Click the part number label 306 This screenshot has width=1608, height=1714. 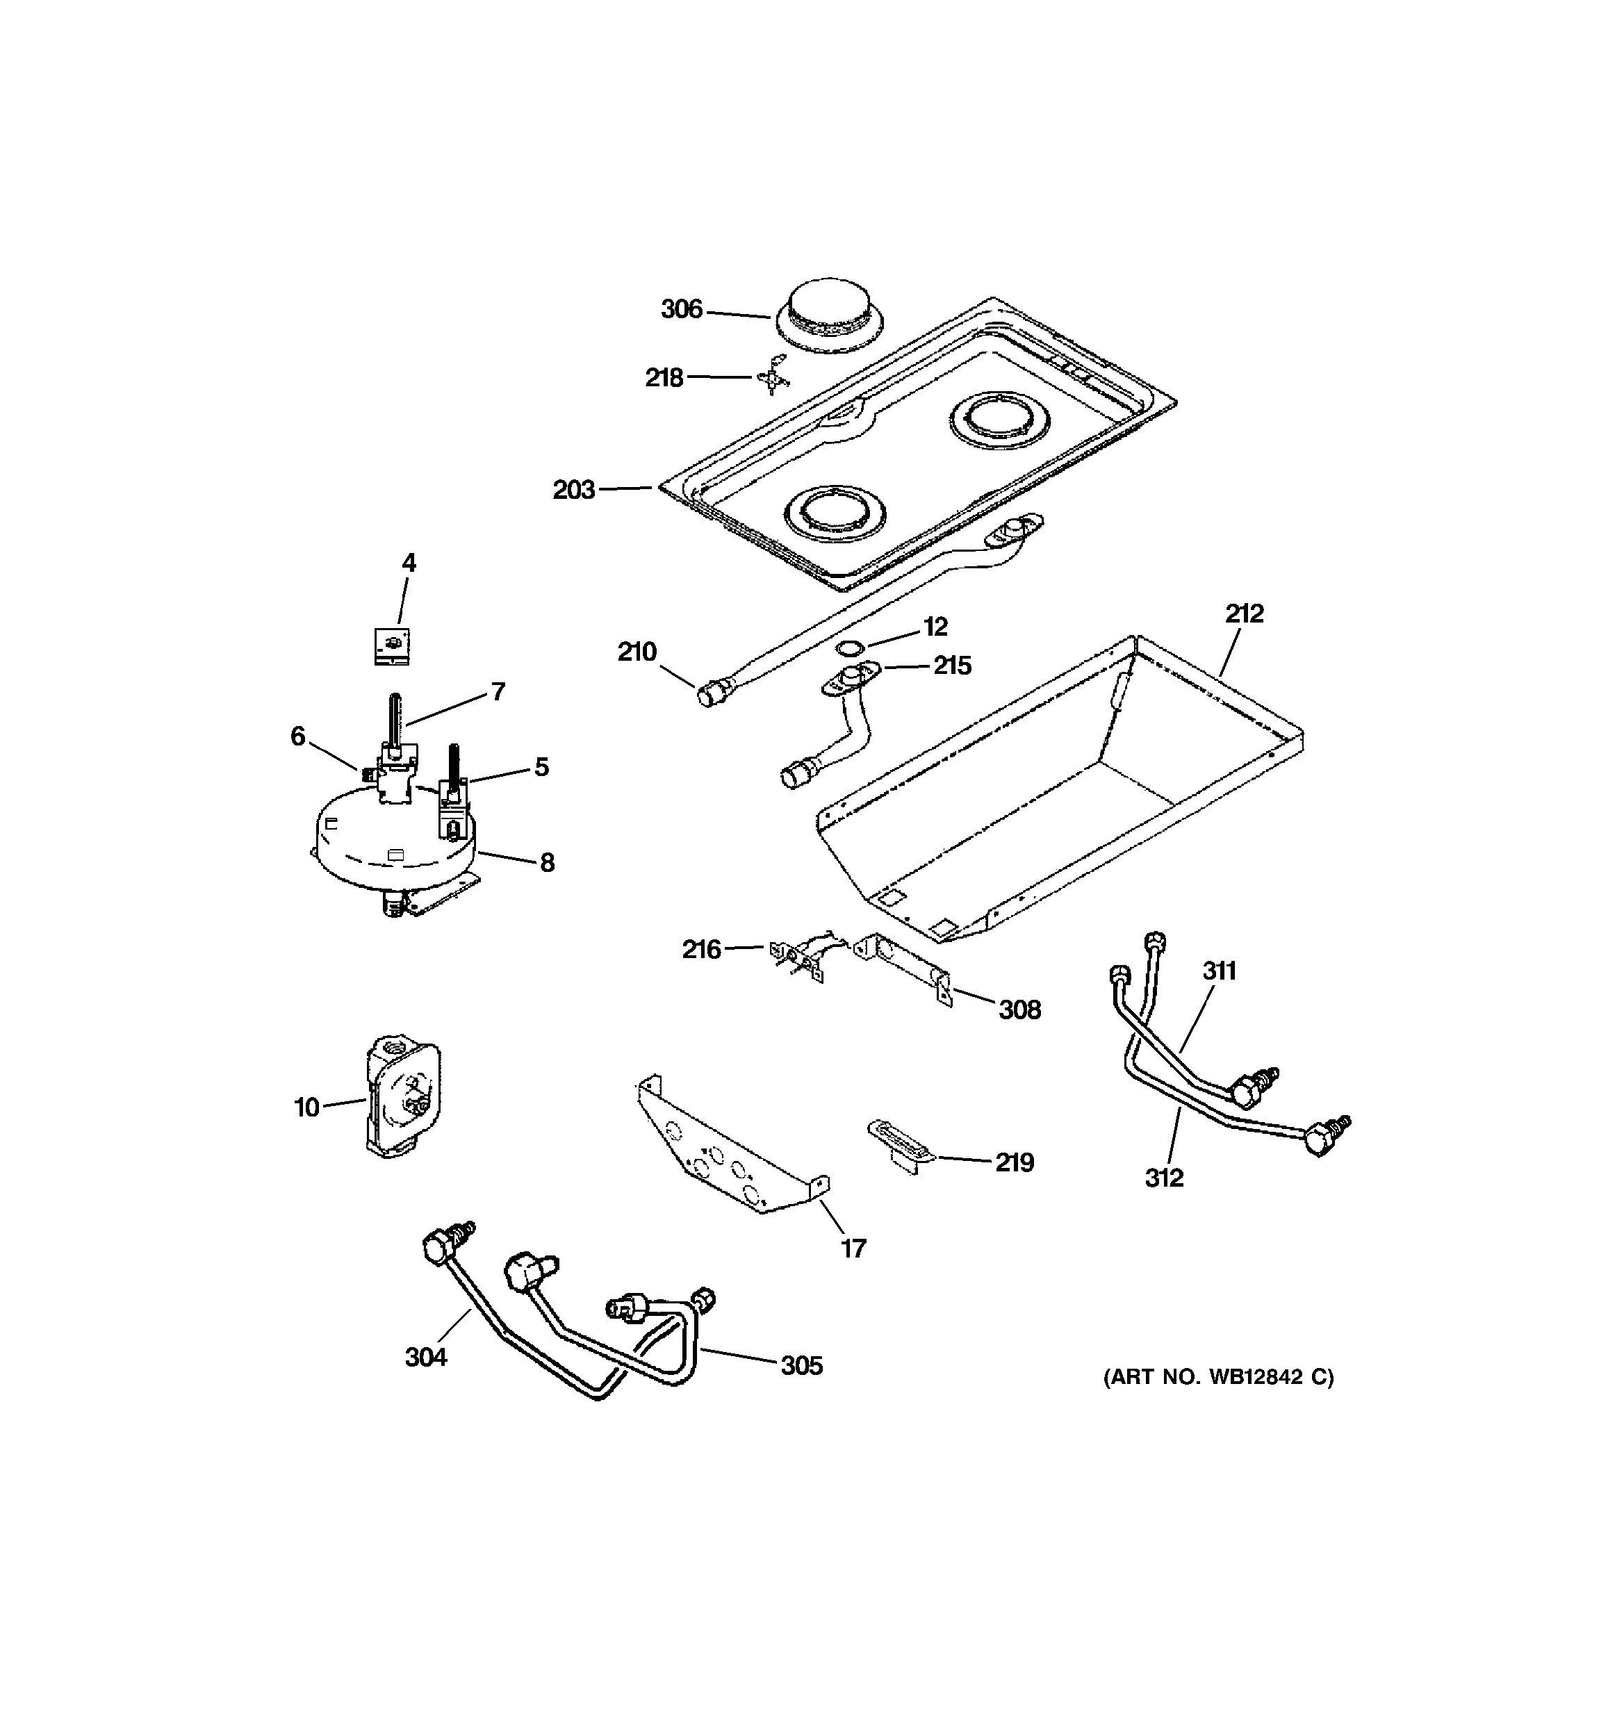[x=681, y=309]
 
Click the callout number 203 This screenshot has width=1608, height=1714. [x=574, y=490]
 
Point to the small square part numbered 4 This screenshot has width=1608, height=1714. [x=391, y=645]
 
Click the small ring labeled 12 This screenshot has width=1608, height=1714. [x=853, y=648]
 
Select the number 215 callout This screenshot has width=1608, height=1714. [x=952, y=666]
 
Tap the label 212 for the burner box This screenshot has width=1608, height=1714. [x=1243, y=614]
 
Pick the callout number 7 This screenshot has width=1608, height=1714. [x=498, y=691]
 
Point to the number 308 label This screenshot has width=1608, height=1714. [x=1019, y=1010]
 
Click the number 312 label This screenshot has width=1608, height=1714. [x=1164, y=1178]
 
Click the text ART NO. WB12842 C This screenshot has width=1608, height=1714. [x=1218, y=1378]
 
